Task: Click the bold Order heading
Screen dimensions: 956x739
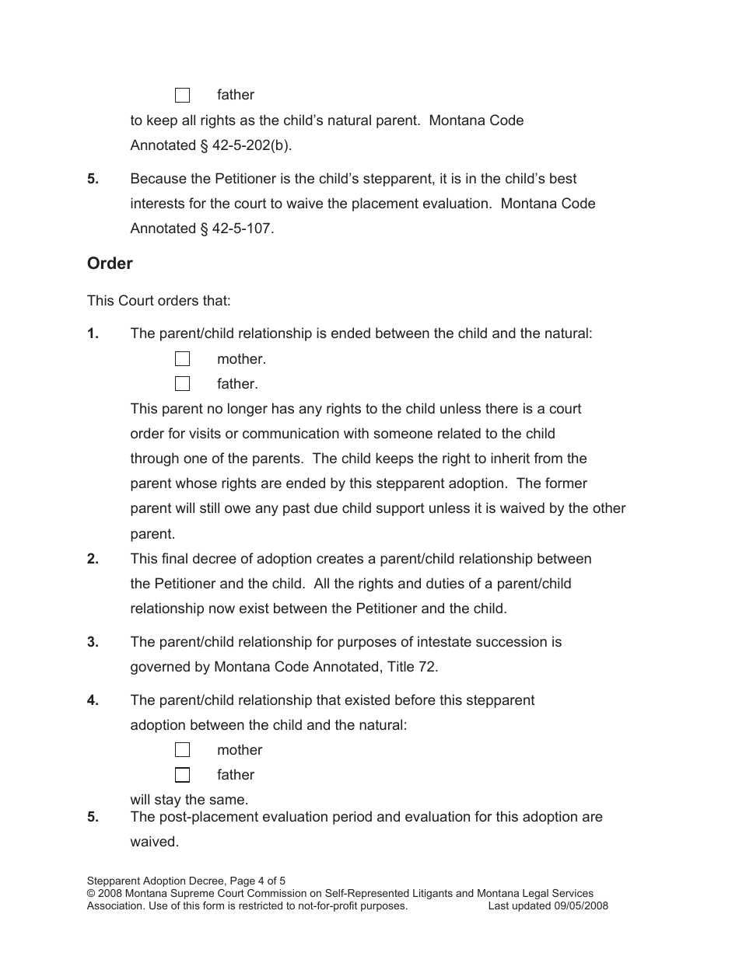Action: click(110, 263)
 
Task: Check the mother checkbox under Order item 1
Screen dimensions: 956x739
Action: click(182, 359)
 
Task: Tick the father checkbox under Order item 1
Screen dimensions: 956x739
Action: click(182, 384)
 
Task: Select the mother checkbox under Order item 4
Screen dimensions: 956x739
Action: click(182, 750)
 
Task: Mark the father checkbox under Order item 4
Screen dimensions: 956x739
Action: click(182, 775)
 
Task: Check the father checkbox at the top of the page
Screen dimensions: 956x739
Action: click(182, 96)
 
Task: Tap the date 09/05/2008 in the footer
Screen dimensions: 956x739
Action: click(581, 905)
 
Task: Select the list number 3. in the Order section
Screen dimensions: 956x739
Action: click(93, 642)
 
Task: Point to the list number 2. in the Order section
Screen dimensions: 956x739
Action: click(93, 559)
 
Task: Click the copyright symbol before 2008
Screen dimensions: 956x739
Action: click(92, 894)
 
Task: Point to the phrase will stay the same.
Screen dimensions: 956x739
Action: click(189, 800)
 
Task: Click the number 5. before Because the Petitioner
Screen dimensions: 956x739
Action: click(93, 179)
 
